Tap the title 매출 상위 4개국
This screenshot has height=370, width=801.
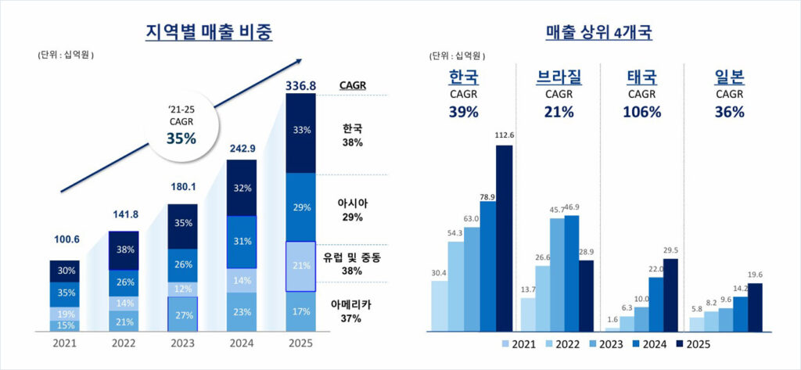pyautogui.click(x=599, y=32)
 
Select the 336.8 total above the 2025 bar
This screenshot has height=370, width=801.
pyautogui.click(x=300, y=85)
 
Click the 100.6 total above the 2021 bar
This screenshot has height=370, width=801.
pyautogui.click(x=67, y=250)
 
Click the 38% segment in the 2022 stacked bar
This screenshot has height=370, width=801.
pyautogui.click(x=124, y=251)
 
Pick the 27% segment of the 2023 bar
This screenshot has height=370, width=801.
pyautogui.click(x=183, y=314)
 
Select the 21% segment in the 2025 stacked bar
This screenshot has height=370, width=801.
pyautogui.click(x=300, y=267)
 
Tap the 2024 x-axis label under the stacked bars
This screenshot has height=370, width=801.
pyautogui.click(x=242, y=343)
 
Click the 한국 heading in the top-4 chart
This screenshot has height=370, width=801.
pyautogui.click(x=463, y=78)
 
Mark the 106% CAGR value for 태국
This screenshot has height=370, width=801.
pyautogui.click(x=641, y=111)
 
